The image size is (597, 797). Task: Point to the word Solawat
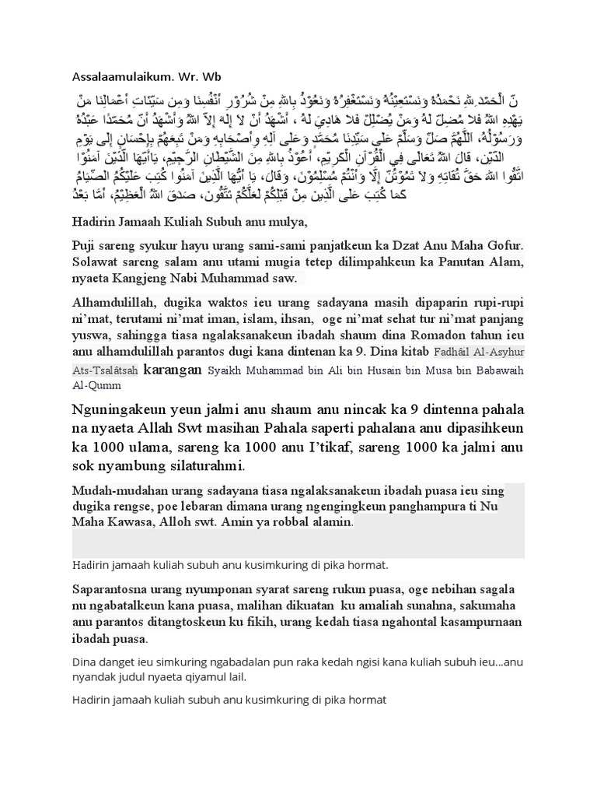click(x=96, y=262)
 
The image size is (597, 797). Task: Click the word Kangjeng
click(x=152, y=278)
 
